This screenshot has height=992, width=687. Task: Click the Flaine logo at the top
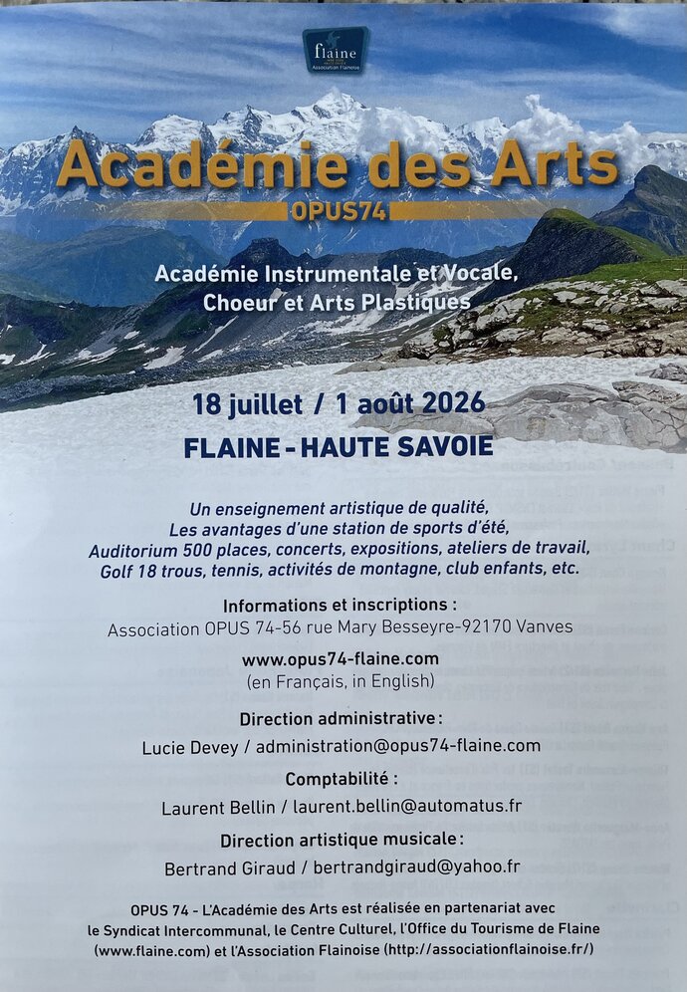tap(336, 49)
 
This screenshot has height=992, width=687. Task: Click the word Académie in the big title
tap(202, 166)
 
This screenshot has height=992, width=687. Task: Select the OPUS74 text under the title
tap(339, 211)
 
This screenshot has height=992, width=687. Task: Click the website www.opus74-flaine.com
tap(340, 658)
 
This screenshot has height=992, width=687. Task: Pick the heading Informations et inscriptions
tap(340, 606)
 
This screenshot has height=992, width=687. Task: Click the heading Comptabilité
tap(341, 779)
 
